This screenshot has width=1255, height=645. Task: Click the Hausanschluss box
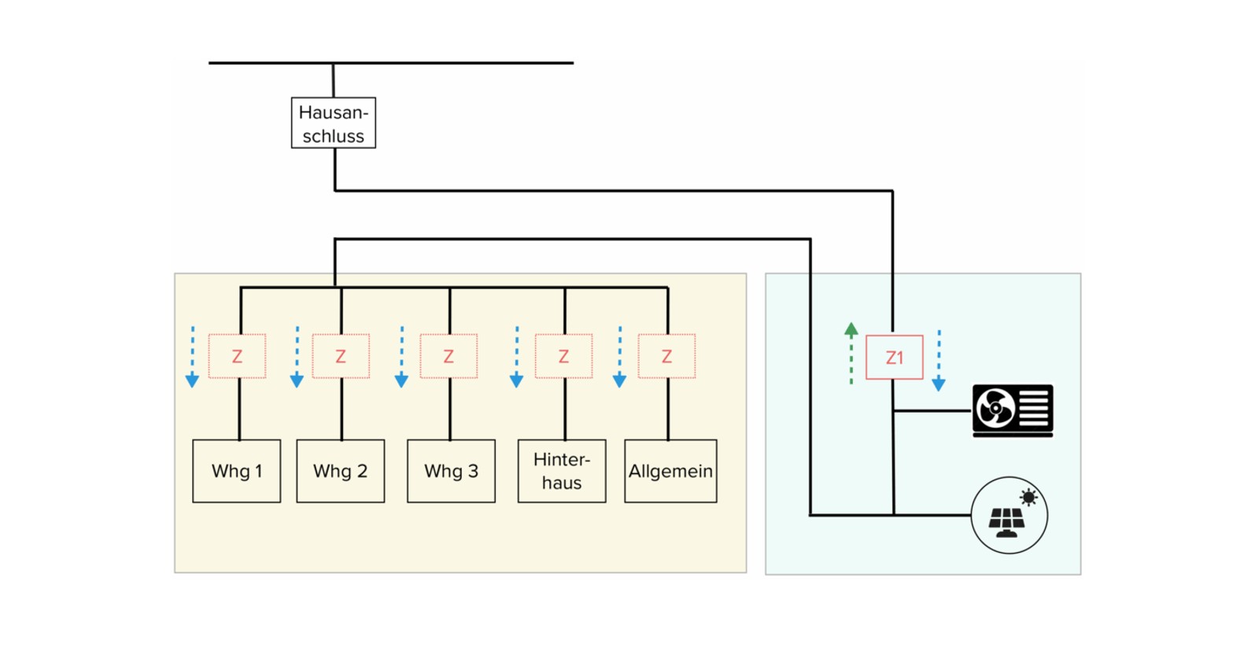point(334,123)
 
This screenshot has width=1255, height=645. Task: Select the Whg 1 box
point(236,471)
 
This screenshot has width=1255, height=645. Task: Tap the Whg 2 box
point(341,471)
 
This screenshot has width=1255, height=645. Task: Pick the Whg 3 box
point(451,471)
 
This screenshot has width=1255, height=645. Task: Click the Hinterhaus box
point(562,471)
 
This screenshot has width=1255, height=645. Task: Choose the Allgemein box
point(670,471)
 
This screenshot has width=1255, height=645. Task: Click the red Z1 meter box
point(894,358)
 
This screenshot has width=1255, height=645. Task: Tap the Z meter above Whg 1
point(237,356)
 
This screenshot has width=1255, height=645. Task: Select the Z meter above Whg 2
point(341,356)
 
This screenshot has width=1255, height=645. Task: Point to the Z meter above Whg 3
point(448,356)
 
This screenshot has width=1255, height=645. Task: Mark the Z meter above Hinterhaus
point(563,356)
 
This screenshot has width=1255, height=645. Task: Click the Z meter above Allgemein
point(666,356)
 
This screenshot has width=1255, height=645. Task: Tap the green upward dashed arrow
point(851,354)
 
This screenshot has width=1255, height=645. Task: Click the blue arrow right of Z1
point(939,361)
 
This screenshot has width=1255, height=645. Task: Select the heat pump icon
point(1013,410)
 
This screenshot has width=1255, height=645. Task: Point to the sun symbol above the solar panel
point(1028,498)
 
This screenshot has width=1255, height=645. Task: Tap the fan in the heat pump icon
point(995,408)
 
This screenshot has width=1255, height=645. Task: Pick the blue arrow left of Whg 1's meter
point(192,357)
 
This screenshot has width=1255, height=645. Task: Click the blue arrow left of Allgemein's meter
point(620,357)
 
